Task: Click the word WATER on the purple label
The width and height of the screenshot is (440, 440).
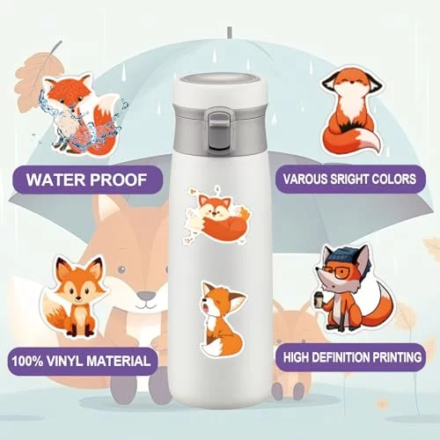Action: click(56, 180)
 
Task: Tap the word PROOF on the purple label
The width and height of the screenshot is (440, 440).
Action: click(118, 180)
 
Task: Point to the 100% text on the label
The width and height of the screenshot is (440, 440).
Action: click(27, 361)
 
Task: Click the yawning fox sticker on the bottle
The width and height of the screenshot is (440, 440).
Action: click(222, 319)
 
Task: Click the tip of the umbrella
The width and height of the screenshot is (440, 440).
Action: click(230, 33)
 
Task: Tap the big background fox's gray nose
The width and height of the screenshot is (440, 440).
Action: click(146, 295)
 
